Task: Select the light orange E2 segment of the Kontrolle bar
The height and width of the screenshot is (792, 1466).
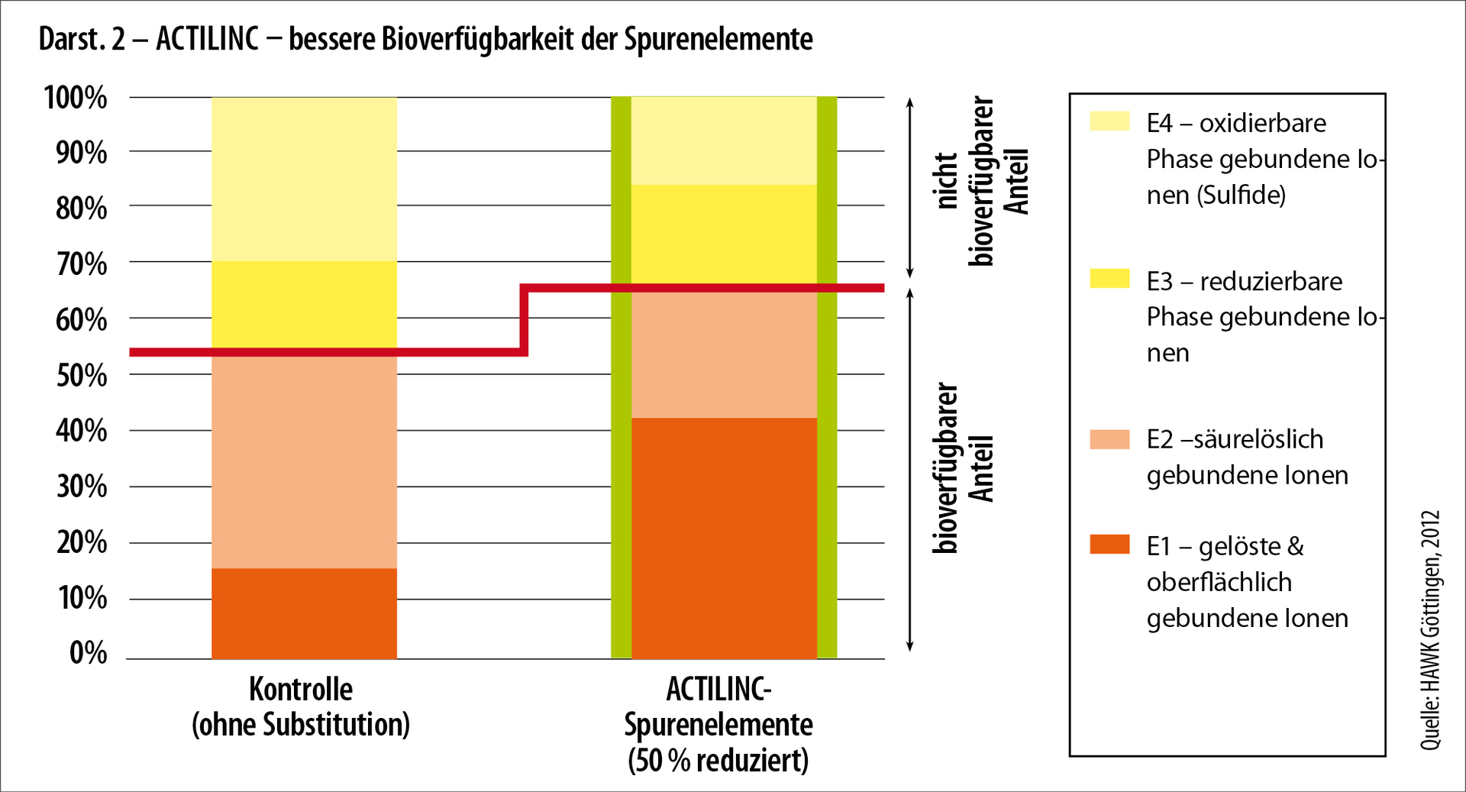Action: tap(304, 462)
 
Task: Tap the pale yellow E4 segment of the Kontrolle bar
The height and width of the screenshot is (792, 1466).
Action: tap(304, 179)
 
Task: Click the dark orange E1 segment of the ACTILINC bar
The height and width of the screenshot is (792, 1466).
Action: tap(724, 538)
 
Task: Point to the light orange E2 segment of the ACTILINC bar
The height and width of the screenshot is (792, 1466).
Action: tap(724, 355)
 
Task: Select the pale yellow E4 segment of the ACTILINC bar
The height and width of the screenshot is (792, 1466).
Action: tap(724, 141)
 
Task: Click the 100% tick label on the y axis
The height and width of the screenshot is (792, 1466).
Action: tap(76, 98)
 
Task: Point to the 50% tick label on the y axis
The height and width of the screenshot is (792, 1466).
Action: tap(81, 375)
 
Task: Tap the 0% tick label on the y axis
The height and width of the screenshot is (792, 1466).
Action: tap(88, 653)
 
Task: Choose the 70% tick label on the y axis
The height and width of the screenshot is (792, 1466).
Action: tap(81, 264)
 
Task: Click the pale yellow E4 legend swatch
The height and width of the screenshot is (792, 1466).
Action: tap(1109, 121)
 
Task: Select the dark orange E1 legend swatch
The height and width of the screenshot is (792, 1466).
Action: tap(1109, 544)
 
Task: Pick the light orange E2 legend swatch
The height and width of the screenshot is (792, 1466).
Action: tap(1109, 438)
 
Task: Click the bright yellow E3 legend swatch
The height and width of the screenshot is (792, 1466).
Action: tap(1109, 278)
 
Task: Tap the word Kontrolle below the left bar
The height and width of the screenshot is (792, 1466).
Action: tap(301, 690)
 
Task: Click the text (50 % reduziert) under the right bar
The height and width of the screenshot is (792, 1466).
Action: tap(718, 761)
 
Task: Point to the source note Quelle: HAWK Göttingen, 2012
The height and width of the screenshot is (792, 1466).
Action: tap(1430, 630)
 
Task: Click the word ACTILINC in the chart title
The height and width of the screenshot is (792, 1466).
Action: tap(207, 39)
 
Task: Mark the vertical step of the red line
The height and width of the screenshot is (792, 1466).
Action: tap(524, 320)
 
